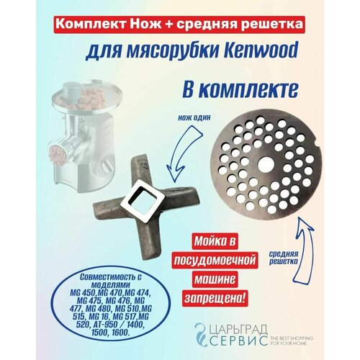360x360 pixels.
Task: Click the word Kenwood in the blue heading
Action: coord(258,51)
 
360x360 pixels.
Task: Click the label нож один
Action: coord(194,118)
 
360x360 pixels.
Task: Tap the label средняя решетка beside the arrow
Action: coord(283,258)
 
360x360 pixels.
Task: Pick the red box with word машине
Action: coord(215,279)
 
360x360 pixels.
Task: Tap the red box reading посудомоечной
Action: coord(215,260)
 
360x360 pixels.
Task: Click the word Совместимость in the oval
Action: coord(109,277)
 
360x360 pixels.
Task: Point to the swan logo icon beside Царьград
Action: coord(202,334)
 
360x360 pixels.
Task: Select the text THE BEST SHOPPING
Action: coord(292,338)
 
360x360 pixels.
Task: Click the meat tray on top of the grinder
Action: coord(87,98)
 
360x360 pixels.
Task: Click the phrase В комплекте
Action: coord(240,90)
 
